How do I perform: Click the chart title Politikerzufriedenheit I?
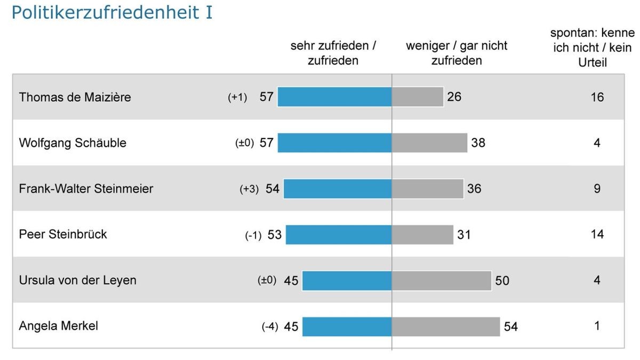click(112, 13)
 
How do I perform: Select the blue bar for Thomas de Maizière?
click(334, 97)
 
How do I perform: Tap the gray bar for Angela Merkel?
click(446, 326)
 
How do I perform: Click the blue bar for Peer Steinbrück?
click(339, 235)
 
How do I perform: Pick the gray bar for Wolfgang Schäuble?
click(429, 143)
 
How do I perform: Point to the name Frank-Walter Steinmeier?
click(86, 189)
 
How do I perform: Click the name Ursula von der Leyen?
click(77, 281)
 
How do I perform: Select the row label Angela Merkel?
click(58, 326)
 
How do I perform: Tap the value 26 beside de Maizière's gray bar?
click(454, 97)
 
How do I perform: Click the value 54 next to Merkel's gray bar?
click(510, 326)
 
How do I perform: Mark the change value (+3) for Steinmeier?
click(249, 189)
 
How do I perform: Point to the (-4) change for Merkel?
click(270, 327)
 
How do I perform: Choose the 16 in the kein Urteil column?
click(597, 97)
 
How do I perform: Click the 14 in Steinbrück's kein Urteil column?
click(597, 235)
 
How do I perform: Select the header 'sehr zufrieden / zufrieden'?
click(333, 53)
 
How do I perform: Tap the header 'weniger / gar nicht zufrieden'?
click(457, 53)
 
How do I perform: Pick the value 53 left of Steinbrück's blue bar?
click(275, 235)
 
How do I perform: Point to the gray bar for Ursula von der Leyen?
click(441, 281)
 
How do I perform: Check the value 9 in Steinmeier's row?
click(597, 189)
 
